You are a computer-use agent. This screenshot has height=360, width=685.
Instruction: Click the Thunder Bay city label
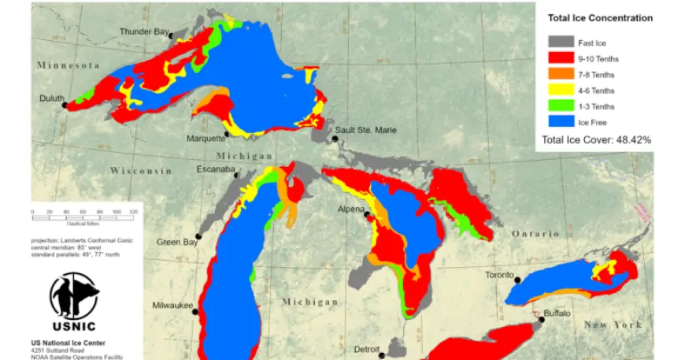pos(143,32)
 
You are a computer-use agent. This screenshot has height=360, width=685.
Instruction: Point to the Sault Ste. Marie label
pos(366,130)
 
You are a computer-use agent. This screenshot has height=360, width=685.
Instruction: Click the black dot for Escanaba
pos(237,175)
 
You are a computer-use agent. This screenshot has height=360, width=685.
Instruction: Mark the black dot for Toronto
pos(518,279)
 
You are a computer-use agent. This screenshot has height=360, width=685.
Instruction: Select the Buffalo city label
pos(557,314)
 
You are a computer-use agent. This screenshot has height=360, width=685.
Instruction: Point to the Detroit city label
pos(368,349)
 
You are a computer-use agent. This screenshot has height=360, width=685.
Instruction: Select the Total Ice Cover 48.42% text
pos(596,139)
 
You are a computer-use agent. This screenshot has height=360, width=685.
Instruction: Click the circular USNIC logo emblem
pos(74,295)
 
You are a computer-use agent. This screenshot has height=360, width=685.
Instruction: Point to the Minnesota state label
pos(68,65)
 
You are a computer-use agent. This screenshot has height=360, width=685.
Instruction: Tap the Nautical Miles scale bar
pos(85,217)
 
